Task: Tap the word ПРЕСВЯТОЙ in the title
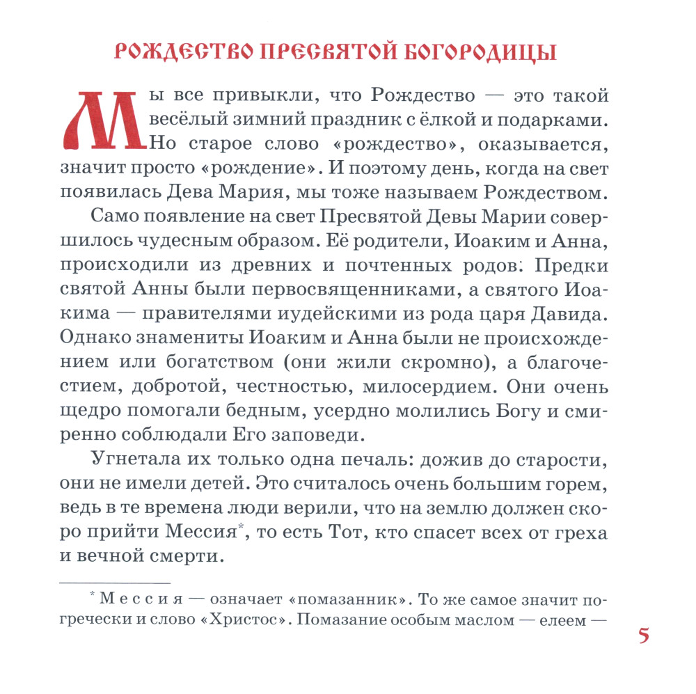click(315, 53)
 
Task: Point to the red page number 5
click(644, 636)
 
